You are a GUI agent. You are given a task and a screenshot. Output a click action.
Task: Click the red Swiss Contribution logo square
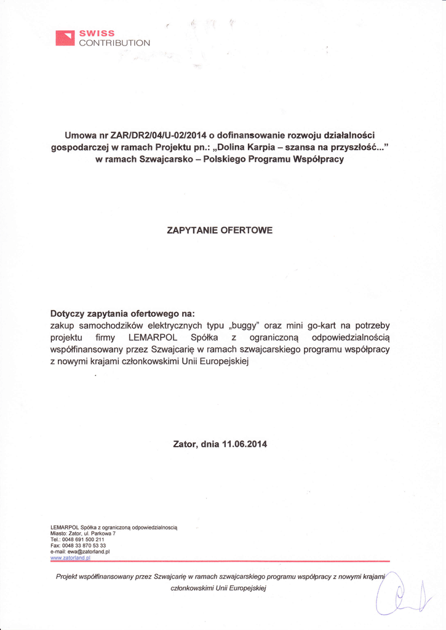[x=65, y=38]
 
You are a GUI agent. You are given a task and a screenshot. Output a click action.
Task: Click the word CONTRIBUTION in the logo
[x=114, y=43]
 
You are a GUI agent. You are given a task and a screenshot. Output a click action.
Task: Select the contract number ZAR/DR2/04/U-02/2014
[x=158, y=135]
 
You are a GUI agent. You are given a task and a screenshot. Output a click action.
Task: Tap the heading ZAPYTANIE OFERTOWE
[x=220, y=230]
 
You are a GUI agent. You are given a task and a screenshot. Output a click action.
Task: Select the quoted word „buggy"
[x=244, y=325]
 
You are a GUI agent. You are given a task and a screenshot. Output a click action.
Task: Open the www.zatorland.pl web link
[x=71, y=558]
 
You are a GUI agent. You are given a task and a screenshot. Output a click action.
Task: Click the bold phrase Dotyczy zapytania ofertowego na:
[x=122, y=313]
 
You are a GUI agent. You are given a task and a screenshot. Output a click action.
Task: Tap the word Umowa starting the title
[x=79, y=135]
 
